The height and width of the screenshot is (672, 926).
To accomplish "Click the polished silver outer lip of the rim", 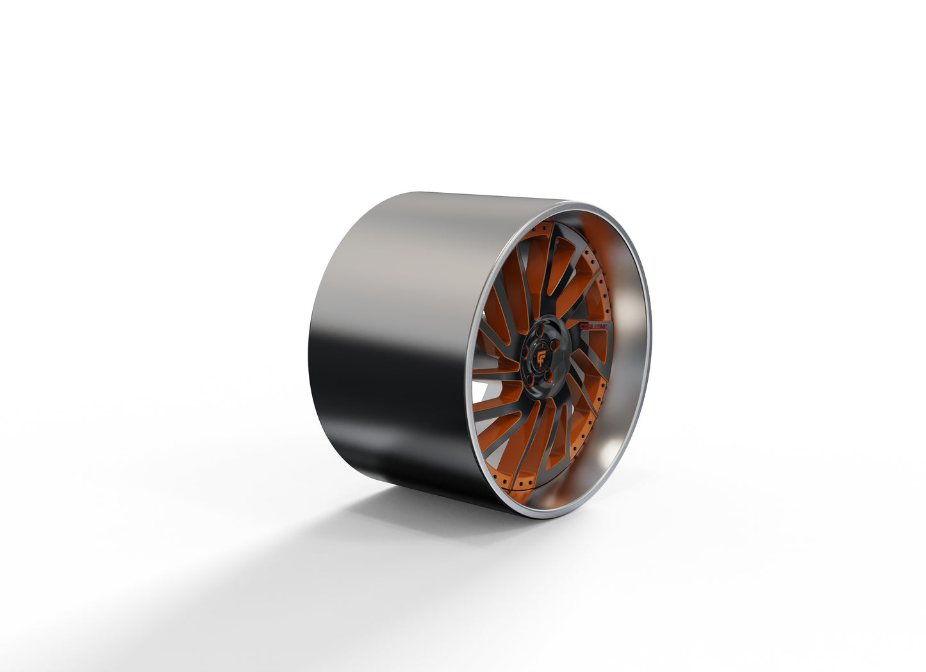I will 644,359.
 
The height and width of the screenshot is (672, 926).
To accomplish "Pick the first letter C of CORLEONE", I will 582,326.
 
